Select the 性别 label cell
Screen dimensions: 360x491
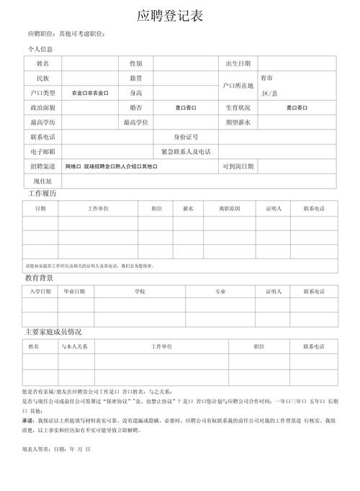click(x=136, y=64)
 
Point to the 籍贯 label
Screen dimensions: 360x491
click(x=136, y=78)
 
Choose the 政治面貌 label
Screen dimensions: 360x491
click(x=42, y=107)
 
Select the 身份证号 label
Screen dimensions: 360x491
click(x=186, y=137)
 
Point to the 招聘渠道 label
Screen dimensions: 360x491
click(x=42, y=166)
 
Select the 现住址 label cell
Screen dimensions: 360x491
click(x=42, y=181)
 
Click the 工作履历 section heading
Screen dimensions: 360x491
click(x=42, y=194)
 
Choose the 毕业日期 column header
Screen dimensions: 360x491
click(x=74, y=292)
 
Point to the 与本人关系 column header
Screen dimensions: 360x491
click(x=74, y=346)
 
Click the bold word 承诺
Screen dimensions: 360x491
click(x=28, y=420)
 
